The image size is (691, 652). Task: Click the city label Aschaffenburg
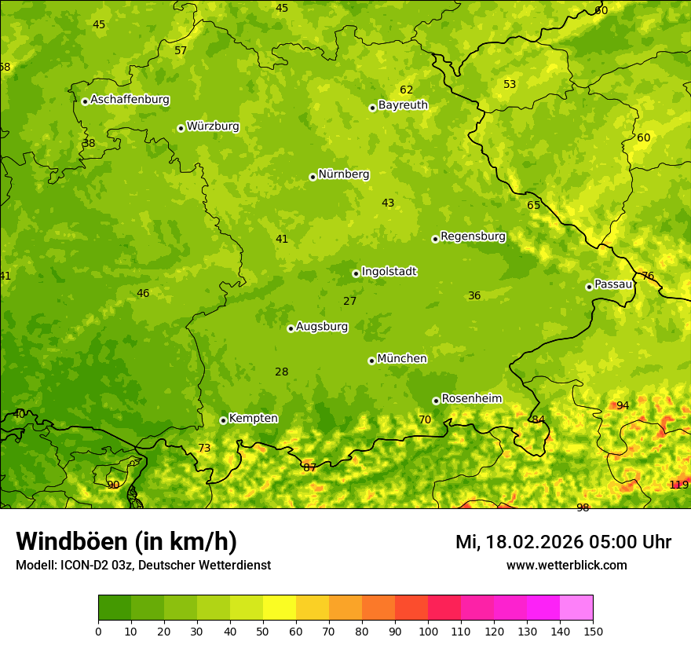[130, 100]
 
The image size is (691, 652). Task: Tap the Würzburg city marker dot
[181, 128]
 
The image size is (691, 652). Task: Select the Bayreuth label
[403, 104]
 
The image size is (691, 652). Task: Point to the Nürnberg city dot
[313, 177]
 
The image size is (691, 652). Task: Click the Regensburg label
[473, 236]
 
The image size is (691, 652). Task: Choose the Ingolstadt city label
[389, 272]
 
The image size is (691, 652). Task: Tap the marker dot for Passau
[589, 287]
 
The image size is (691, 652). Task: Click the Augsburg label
[322, 327]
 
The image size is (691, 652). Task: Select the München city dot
[371, 361]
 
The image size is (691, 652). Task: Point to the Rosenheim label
[471, 399]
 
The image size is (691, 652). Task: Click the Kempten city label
[253, 419]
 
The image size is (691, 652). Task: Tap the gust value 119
[678, 485]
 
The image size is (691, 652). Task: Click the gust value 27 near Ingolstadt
[350, 301]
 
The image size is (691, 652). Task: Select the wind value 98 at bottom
[583, 507]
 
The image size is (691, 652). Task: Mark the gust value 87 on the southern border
[309, 467]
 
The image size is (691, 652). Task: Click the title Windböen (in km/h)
[126, 541]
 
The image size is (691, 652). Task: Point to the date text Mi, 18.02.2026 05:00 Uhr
[563, 542]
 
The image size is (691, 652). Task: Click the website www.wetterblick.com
[566, 566]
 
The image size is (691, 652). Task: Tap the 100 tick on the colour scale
[428, 631]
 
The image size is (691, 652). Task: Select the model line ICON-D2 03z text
[143, 566]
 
